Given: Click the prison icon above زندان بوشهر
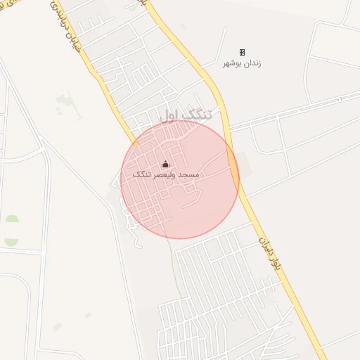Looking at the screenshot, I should coord(242,53).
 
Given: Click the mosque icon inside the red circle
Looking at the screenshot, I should coord(166,165).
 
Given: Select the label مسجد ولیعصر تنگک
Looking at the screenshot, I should coord(166,174).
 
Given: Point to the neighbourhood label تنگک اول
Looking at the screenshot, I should coord(185,115).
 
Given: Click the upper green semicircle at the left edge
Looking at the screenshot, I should coord(11,219).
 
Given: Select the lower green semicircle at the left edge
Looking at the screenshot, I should coord(11,241).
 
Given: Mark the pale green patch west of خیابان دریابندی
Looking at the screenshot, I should coord(64,102).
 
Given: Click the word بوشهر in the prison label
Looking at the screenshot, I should coord(232,63).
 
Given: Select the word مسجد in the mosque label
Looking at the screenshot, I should coord(190,174).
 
